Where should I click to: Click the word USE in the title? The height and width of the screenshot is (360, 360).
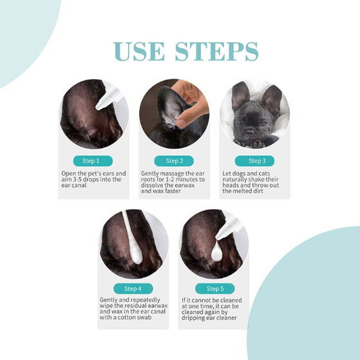click(x=139, y=51)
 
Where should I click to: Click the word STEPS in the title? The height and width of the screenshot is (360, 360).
click(x=217, y=51)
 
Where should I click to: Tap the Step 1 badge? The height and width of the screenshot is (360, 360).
click(x=93, y=161)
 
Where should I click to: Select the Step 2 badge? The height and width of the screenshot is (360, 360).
click(x=174, y=161)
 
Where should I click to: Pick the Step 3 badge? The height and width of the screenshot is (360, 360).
click(x=254, y=161)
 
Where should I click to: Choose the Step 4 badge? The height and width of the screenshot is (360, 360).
click(x=133, y=289)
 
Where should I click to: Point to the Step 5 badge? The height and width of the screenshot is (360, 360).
click(x=214, y=289)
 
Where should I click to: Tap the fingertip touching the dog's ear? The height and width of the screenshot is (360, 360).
click(x=182, y=122)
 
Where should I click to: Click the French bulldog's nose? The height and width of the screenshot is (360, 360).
click(x=250, y=132)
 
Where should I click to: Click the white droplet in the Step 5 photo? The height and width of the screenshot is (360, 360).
click(x=217, y=252)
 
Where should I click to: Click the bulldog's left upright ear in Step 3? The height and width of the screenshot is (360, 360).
click(x=240, y=93)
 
